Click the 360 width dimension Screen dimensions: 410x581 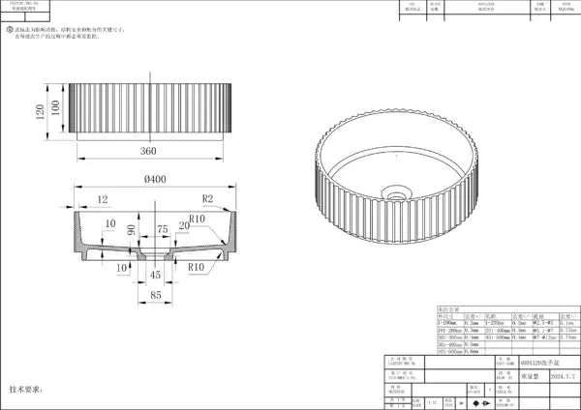tap(147, 152)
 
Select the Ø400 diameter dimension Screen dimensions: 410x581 tap(153, 179)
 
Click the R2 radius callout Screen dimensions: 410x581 tap(207, 198)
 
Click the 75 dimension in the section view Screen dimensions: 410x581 tap(163, 228)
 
